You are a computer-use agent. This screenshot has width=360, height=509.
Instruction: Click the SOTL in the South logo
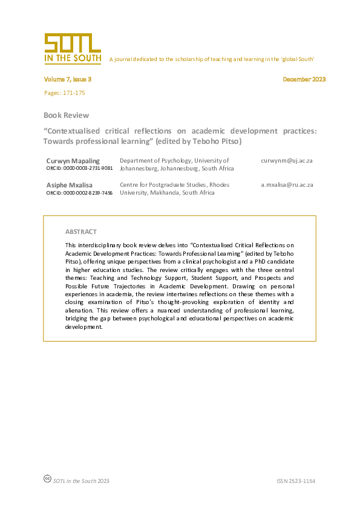point(72,48)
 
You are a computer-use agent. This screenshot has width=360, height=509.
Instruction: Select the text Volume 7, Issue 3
point(67,79)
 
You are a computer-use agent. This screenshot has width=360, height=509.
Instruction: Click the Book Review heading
point(66,115)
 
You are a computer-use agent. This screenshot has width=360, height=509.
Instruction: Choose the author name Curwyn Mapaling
point(73,161)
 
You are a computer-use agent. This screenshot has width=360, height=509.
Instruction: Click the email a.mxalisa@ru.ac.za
point(287,185)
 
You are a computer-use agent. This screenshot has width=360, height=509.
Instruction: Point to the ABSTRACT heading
point(80,232)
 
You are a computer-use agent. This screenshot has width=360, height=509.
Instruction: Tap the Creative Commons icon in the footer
point(47,479)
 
